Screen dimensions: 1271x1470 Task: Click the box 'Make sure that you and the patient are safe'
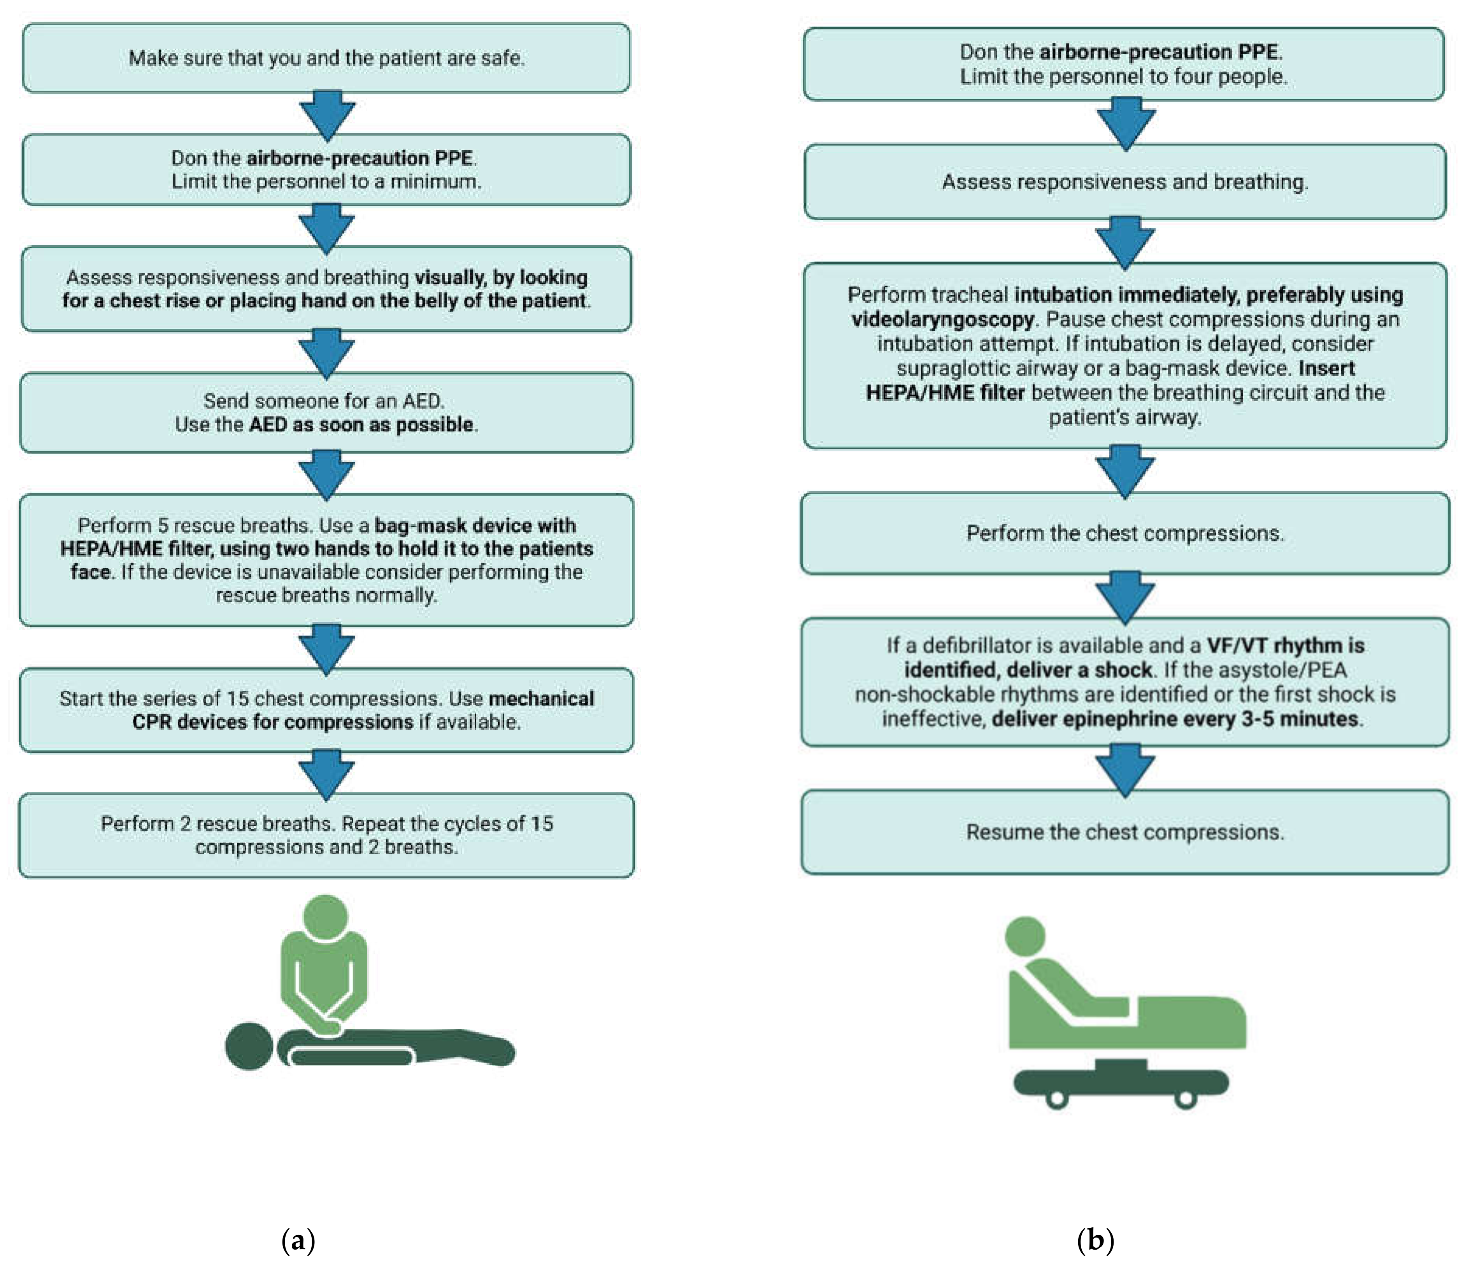point(326,58)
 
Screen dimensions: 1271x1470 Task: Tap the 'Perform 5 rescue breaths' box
point(326,560)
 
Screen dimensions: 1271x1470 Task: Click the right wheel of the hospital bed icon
point(1185,1099)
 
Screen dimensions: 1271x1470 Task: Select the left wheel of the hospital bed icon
point(1057,1099)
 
